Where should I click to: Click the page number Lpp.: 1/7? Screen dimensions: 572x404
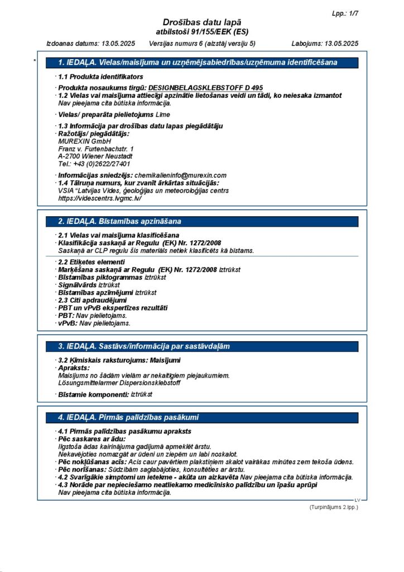[344, 12]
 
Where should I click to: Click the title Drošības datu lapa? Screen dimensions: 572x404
[201, 22]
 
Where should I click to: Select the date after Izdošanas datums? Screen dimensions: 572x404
[119, 43]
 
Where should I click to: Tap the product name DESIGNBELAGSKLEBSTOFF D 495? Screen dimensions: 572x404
[205, 88]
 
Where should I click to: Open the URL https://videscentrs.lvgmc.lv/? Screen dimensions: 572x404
[100, 198]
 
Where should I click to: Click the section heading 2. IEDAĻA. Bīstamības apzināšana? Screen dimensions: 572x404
[120, 222]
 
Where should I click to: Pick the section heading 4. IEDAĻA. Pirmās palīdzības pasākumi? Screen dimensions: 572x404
[128, 417]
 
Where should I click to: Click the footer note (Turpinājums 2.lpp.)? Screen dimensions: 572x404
[334, 507]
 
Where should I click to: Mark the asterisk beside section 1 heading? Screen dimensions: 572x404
[35, 61]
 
